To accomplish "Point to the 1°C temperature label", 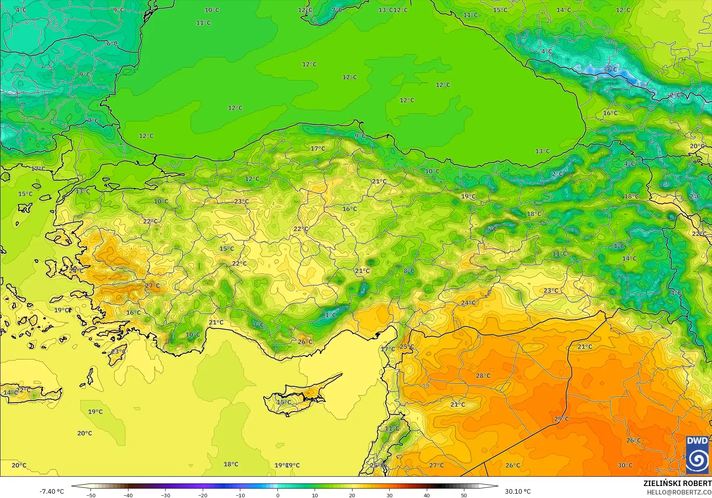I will point(330,315).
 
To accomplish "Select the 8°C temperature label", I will point(409,271).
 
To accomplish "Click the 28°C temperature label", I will point(483,376).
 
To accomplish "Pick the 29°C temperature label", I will point(561,419).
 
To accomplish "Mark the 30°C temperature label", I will point(625,465).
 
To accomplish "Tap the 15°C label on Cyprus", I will point(284,402).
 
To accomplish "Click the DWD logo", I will point(697,455).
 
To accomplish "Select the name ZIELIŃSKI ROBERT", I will point(677,483).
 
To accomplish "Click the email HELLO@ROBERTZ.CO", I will point(679,492).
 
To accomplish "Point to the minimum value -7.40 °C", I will point(51,491).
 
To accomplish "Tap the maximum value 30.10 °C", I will point(518,491).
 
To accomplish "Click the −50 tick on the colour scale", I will point(91,495).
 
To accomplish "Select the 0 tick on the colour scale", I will point(277,495).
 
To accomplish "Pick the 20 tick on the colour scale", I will point(352,495).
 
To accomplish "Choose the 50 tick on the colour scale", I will point(464,495).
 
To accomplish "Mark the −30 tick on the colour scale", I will point(166,495).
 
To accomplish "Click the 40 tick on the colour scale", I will point(427,495).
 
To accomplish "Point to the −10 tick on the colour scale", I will point(240,495).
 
